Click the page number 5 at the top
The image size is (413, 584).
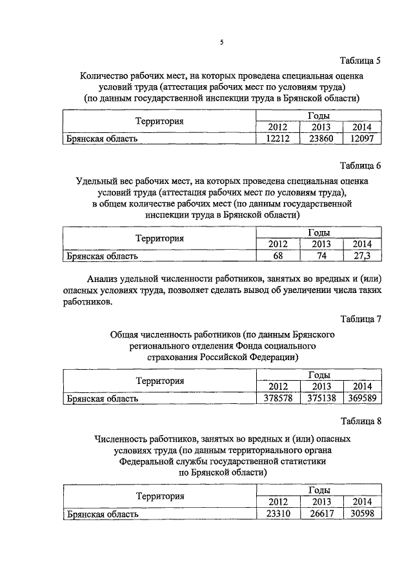pos(221,43)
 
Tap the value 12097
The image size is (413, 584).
pos(362,138)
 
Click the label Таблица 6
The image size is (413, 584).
pos(358,165)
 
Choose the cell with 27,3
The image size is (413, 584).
pos(362,256)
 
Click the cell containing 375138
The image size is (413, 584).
pos(320,398)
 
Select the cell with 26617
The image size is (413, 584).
pos(320,514)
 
